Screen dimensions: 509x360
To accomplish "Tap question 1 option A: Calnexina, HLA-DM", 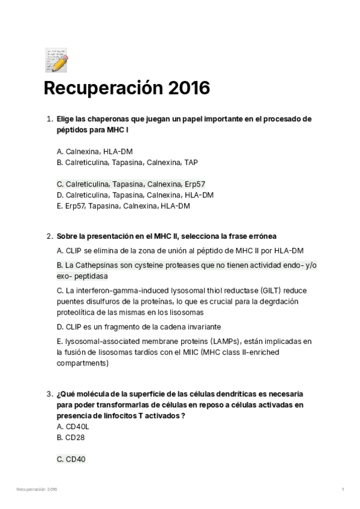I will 95,151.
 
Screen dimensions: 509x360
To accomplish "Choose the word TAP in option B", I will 191,162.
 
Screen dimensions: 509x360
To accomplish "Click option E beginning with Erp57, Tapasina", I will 123,206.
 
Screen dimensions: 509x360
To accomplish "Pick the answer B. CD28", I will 71,438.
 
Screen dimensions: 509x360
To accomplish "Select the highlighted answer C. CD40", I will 71,459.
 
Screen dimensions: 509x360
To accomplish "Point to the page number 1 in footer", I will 343,490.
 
